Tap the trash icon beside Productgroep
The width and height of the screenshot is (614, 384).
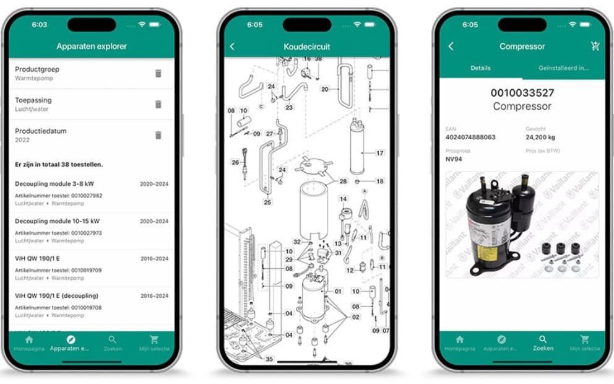158,74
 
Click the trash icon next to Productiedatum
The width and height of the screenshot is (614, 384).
158,135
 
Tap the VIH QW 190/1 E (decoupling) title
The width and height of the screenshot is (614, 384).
56,295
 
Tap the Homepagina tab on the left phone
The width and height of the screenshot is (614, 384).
28,343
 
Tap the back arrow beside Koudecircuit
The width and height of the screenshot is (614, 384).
232,46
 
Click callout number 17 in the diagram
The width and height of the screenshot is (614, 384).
379,152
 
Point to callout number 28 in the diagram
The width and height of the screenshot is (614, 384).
343,181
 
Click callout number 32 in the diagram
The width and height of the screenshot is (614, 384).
297,242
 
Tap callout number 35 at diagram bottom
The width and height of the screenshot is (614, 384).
269,359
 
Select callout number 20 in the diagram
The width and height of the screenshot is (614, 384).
324,89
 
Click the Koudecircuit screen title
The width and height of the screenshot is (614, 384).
307,46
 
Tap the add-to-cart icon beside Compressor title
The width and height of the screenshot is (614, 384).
595,46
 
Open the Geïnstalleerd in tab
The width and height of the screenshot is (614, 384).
563,68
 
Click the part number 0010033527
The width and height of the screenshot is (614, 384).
522,93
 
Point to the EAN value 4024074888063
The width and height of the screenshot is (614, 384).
470,137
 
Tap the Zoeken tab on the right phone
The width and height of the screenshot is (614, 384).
542,343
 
